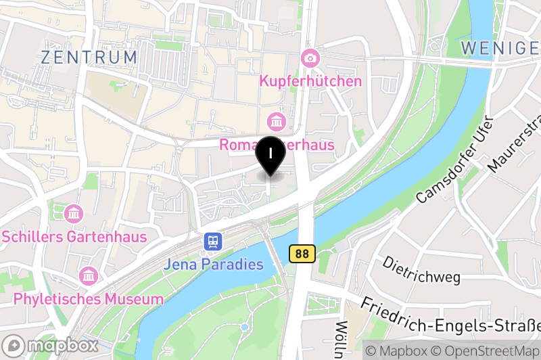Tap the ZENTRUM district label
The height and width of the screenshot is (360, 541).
tap(89, 58)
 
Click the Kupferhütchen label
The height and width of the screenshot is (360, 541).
tap(310, 81)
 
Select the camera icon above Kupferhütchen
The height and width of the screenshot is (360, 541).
tap(310, 58)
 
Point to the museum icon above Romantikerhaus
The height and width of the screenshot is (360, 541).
tap(276, 122)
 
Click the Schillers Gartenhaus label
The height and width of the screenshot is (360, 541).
tap(74, 237)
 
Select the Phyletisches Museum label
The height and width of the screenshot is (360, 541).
tap(89, 298)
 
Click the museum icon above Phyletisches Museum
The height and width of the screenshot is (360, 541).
tap(89, 276)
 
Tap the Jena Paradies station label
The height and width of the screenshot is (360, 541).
tap(213, 264)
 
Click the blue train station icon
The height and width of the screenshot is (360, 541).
tap(213, 242)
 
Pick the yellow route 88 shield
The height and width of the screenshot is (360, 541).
tap(302, 254)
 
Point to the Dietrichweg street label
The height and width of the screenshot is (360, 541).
tap(421, 269)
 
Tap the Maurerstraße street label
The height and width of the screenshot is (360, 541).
tap(515, 144)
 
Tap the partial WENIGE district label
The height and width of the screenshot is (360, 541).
tap(500, 47)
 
